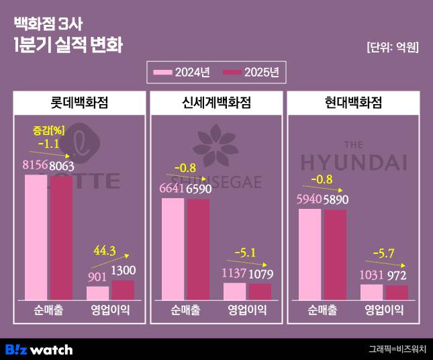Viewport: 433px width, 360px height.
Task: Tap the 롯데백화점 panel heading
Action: point(79,103)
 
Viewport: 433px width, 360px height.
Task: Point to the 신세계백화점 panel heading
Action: point(216,103)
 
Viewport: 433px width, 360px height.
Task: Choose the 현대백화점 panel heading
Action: point(353,103)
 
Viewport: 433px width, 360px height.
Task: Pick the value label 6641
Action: point(175,190)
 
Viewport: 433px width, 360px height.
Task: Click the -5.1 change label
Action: point(244,253)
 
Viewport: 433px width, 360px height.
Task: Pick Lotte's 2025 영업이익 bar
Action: point(123,290)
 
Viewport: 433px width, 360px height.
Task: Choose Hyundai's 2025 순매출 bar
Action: point(335,255)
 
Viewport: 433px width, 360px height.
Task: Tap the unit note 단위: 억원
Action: point(392,47)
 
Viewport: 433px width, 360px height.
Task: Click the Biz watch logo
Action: point(38,349)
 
